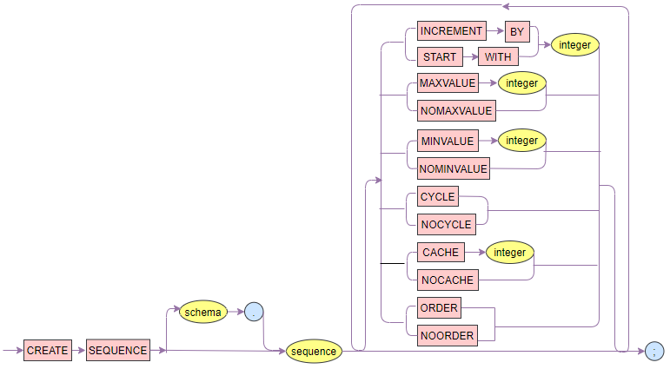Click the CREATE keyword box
point(48,351)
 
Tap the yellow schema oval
point(203,311)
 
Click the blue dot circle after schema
point(254,312)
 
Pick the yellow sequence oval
point(314,352)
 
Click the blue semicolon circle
point(653,351)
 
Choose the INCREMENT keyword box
point(450,31)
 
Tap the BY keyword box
point(518,31)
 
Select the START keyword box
point(441,57)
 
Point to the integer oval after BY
point(574,43)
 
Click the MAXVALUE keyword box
point(448,84)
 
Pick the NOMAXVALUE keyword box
point(455,110)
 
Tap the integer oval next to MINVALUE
point(522,140)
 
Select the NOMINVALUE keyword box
point(454,168)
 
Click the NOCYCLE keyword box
point(445,224)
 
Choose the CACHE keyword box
point(440,253)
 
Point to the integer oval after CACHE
point(510,253)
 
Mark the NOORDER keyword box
point(447,336)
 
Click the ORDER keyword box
point(439,308)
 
